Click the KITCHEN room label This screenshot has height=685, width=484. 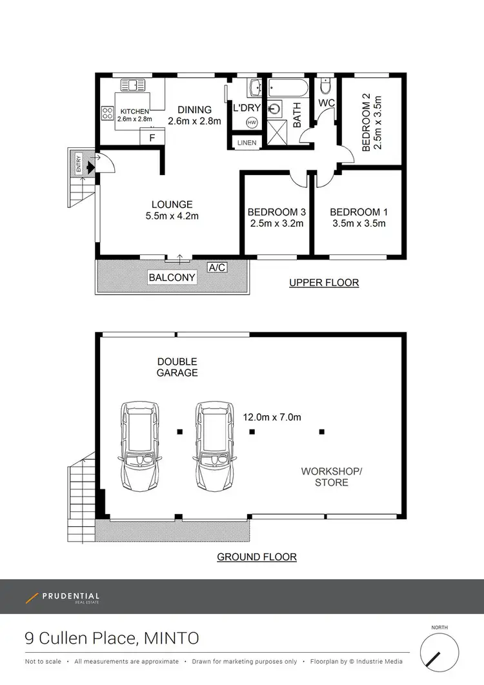coord(134,112)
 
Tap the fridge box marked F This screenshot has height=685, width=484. coord(152,138)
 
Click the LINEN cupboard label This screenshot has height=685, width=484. coord(247,143)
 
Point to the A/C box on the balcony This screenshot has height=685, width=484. coord(217,267)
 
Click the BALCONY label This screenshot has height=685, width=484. coord(172,278)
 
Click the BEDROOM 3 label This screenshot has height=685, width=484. coord(276,212)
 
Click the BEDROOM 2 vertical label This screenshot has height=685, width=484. coord(366,123)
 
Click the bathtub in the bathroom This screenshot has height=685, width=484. coord(288,88)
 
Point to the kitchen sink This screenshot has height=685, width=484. coord(135,85)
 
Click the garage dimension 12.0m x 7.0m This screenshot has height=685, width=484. coord(272,417)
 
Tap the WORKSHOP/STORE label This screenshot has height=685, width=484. coord(332,477)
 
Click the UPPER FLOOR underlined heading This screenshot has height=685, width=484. coord(324,283)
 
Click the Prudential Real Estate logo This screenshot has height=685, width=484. coord(63,598)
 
